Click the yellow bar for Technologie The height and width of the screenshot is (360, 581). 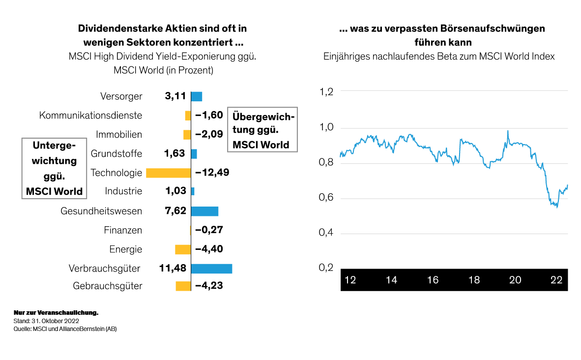(169, 173)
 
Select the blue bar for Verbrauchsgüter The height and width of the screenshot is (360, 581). (211, 269)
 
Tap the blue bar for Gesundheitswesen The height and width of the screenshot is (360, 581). (204, 211)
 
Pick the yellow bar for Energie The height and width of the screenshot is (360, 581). (183, 249)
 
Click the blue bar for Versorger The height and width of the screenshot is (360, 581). (197, 96)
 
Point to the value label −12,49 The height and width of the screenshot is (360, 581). (212, 173)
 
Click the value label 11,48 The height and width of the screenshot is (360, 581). (173, 268)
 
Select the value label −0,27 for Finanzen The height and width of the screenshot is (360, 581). (209, 230)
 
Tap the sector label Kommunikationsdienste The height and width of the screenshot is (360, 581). (91, 115)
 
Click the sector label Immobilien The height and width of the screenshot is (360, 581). (119, 134)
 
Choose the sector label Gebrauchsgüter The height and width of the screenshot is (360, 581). (108, 286)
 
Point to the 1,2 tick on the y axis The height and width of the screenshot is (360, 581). (326, 91)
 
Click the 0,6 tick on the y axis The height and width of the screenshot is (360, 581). (326, 197)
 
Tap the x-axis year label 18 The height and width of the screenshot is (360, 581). (474, 280)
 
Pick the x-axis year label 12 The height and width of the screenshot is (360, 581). (350, 280)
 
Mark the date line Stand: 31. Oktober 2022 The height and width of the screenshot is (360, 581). (46, 321)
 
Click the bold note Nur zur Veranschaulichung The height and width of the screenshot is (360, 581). (56, 313)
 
